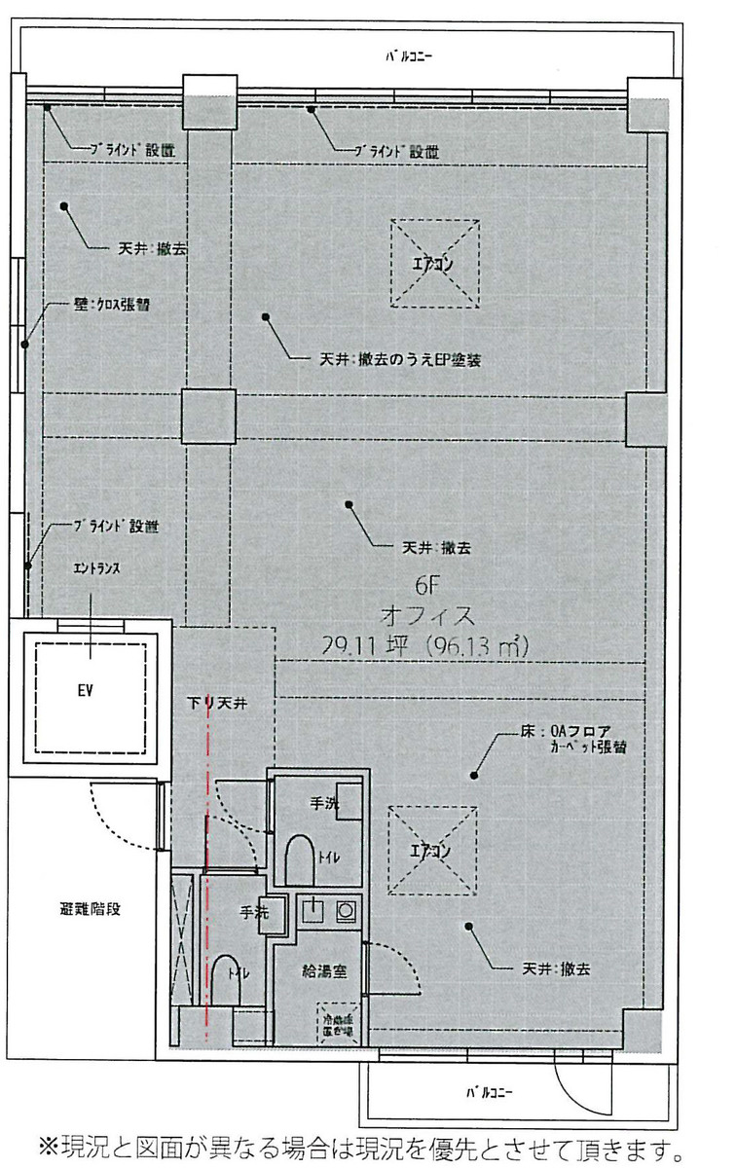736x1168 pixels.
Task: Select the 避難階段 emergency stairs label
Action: coord(88,911)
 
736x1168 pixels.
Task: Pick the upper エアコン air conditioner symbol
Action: coord(435,263)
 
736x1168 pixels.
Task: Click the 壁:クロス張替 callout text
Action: coord(112,305)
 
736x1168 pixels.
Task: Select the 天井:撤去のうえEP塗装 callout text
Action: coord(401,360)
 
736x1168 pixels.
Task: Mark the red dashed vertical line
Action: coord(206,876)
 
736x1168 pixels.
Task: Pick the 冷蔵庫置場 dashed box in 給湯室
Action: coord(336,1025)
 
